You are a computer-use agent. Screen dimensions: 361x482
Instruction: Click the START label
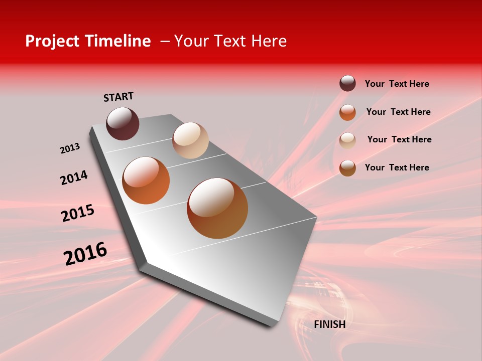coord(118,97)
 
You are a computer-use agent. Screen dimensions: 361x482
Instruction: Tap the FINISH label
coord(329,324)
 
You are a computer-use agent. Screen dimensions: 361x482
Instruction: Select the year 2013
coord(70,148)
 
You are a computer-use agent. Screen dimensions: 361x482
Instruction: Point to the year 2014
coord(74,177)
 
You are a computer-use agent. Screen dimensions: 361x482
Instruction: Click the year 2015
coord(78,213)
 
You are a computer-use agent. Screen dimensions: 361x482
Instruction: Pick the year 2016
coord(85,253)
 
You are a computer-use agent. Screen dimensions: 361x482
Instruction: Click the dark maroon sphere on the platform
coord(123,123)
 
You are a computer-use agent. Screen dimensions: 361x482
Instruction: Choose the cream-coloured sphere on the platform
coord(190,140)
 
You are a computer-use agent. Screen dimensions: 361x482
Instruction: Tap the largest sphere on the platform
coord(217,208)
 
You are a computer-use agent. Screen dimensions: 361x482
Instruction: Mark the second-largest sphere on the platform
coord(146,180)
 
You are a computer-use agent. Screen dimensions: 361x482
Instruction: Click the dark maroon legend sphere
coord(347,83)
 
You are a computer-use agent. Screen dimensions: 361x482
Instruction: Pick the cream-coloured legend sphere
coord(347,140)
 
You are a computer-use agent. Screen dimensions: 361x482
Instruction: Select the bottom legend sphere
coord(347,168)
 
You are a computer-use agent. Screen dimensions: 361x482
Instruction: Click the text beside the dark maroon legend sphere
coord(397,84)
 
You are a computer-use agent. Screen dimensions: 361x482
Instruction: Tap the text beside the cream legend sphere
coord(399,139)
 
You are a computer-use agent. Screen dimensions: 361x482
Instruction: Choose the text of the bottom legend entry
coord(397,167)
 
